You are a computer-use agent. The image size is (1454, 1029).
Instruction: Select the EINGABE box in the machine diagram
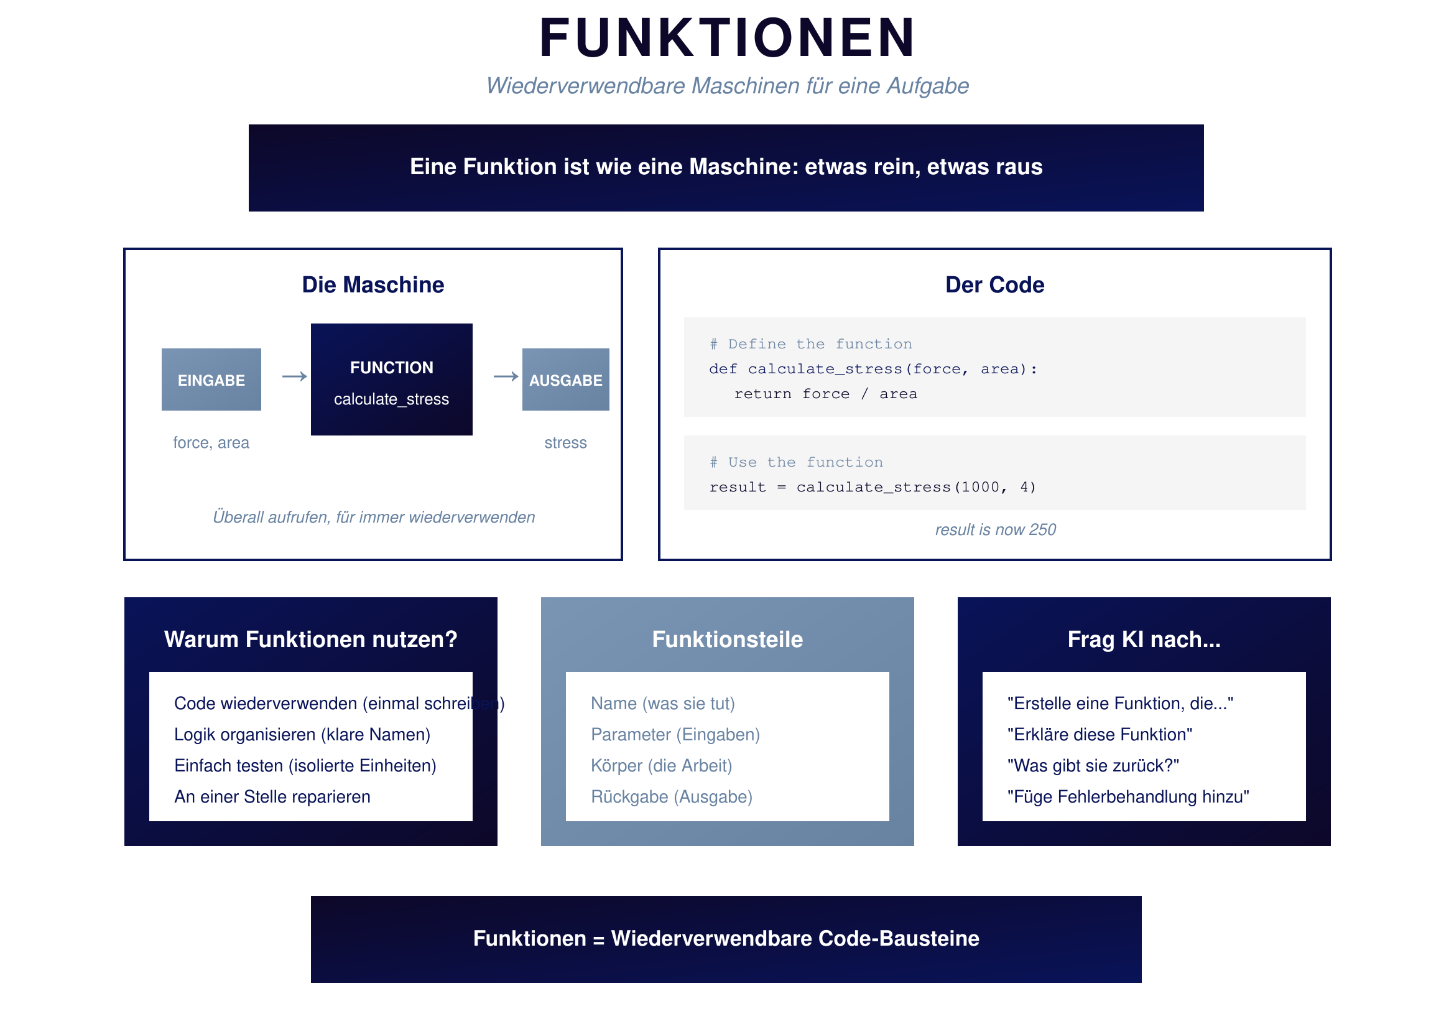point(211,379)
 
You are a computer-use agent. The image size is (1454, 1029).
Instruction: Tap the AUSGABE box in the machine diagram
point(565,379)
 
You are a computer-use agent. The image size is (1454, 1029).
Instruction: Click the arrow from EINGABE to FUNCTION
point(295,377)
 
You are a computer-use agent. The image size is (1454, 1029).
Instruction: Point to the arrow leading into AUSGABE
point(506,377)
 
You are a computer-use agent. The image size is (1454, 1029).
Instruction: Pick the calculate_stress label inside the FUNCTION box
point(391,399)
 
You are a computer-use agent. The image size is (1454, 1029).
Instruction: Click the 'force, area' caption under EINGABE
point(211,443)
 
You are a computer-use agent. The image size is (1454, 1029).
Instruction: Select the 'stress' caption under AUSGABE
point(565,443)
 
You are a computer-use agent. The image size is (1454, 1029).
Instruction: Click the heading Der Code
point(994,285)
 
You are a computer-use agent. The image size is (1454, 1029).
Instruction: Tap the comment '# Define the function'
point(810,344)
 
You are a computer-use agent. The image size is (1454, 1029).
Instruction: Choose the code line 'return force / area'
point(825,394)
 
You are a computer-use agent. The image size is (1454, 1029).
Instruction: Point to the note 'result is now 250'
point(995,529)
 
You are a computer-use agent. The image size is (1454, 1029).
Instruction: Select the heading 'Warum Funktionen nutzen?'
point(310,640)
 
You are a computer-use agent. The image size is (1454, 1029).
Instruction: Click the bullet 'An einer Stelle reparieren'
point(272,796)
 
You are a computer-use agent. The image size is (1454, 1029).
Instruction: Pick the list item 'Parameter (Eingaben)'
point(675,734)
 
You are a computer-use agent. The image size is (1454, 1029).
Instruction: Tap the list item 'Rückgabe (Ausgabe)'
point(671,796)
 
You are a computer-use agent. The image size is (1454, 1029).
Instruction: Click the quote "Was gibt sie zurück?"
point(1093,765)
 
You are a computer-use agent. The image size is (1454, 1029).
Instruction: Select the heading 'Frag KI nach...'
point(1144,640)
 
